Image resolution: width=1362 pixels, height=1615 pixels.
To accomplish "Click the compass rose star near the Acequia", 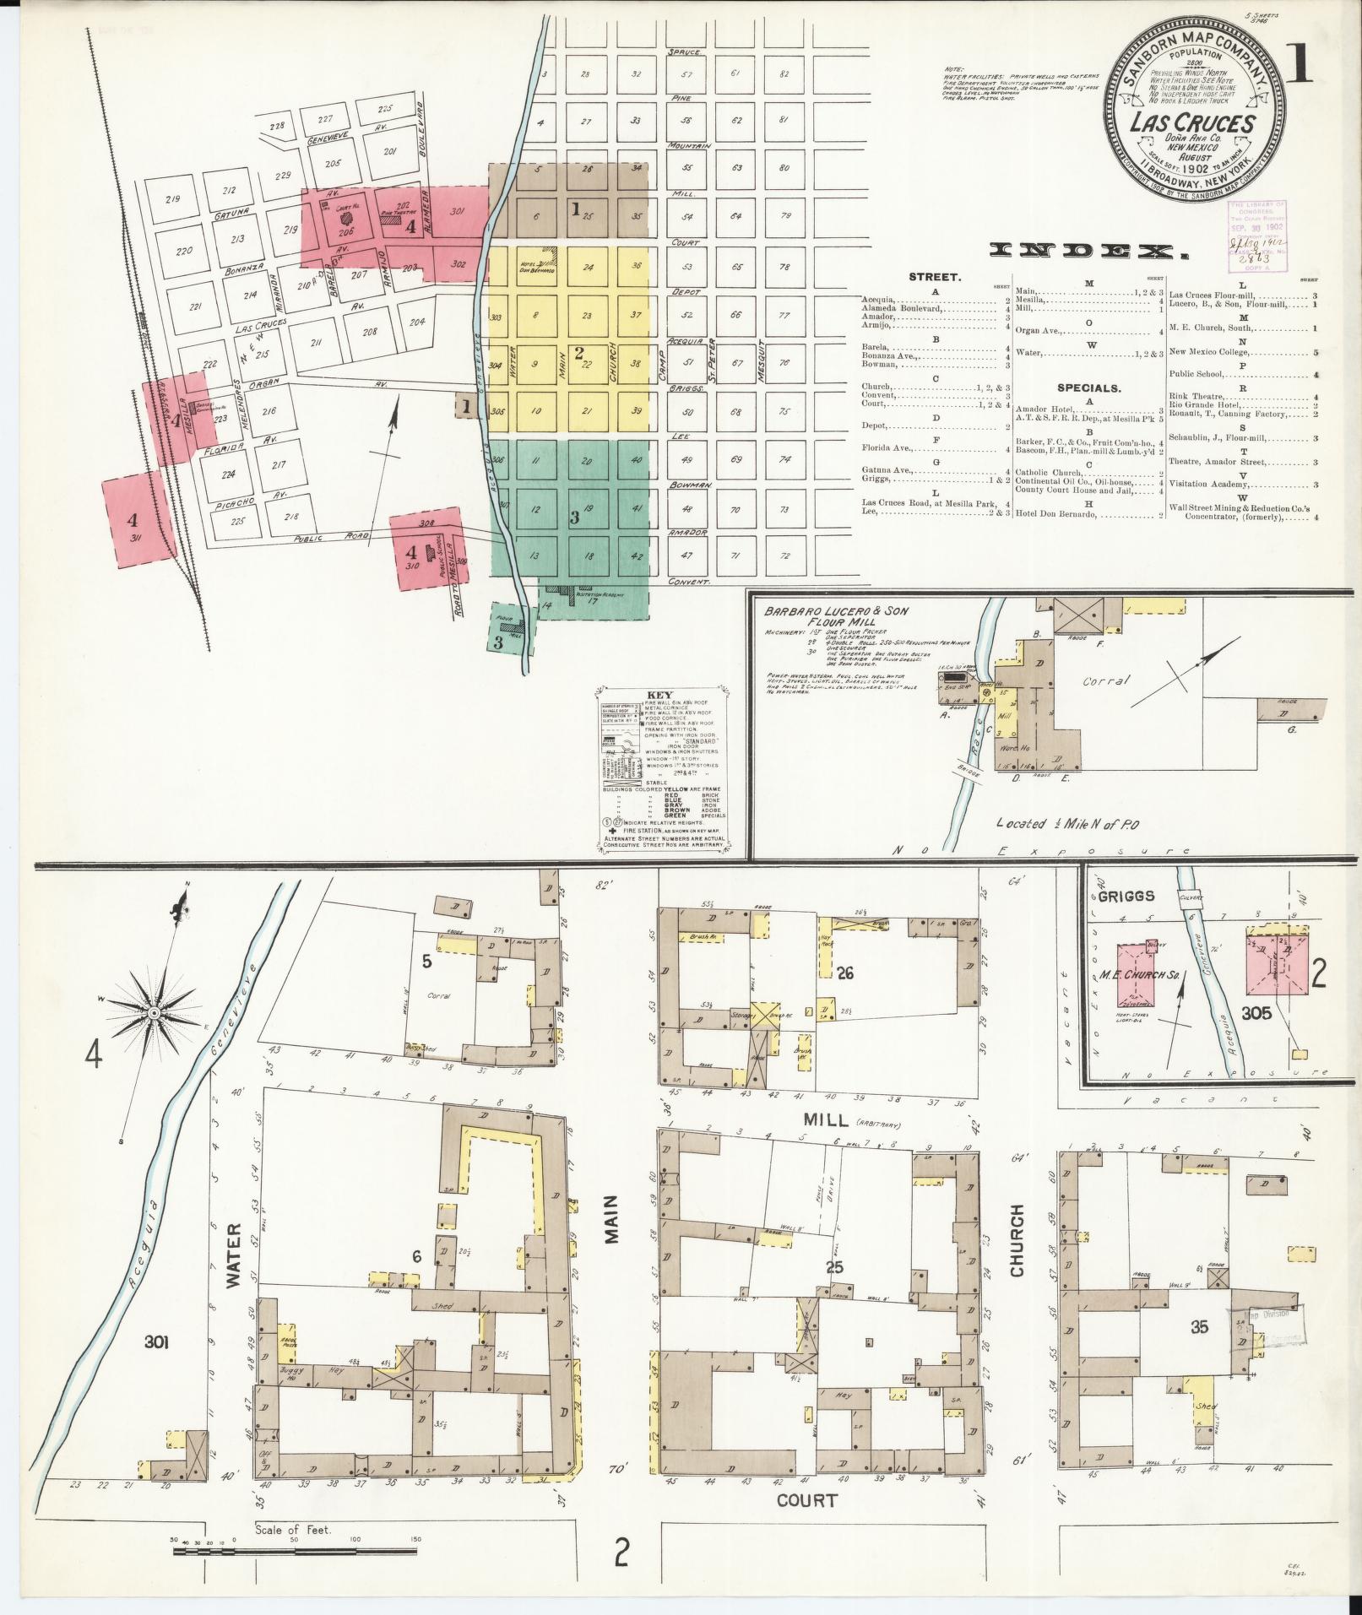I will coord(155,1011).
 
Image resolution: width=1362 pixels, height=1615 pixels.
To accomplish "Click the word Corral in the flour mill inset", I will coord(1106,680).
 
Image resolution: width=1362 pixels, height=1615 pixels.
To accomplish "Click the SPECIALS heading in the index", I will coord(1088,388).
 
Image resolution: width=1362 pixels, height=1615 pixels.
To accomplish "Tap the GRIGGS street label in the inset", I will coord(1128,896).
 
